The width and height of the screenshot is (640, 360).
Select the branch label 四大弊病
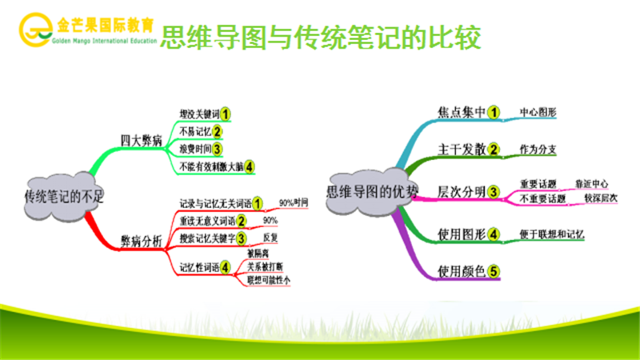(x=142, y=139)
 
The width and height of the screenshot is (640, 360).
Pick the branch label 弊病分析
(x=142, y=239)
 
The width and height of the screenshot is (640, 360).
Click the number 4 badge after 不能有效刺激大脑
(x=250, y=166)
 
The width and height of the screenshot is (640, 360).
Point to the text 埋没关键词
(x=198, y=114)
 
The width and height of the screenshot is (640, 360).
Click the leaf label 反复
(x=271, y=238)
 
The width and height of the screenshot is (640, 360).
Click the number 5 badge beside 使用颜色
(x=494, y=271)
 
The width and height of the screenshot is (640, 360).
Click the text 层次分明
(x=462, y=192)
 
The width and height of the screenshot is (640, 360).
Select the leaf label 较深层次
(x=601, y=198)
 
